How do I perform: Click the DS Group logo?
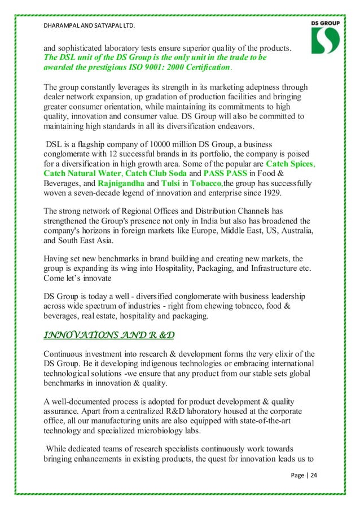click(x=324, y=38)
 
